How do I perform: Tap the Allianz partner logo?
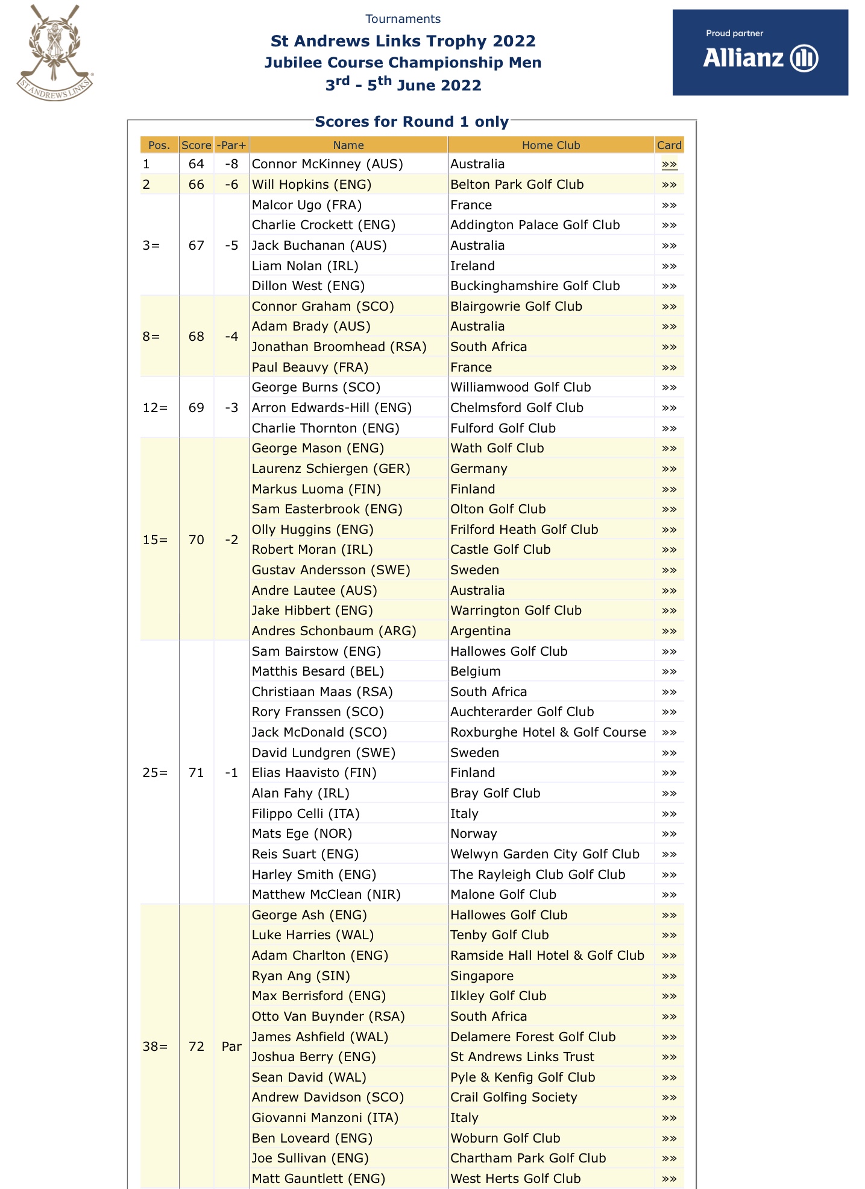pos(760,52)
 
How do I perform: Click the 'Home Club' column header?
pos(550,145)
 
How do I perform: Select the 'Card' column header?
pos(668,145)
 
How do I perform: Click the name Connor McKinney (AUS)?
pos(327,164)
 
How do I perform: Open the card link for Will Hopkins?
pos(668,185)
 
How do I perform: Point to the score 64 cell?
pos(196,164)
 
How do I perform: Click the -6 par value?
pos(231,185)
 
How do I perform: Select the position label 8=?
pos(151,337)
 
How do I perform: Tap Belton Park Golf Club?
pos(517,185)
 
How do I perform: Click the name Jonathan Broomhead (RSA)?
pos(339,347)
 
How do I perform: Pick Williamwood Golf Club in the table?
pos(520,387)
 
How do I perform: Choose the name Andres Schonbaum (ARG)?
pos(334,631)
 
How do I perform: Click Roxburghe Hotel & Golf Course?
pos(548,732)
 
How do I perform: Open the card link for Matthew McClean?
pos(668,895)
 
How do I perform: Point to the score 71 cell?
pos(196,773)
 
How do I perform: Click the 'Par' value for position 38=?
pos(231,1047)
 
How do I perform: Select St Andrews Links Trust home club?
pos(522,1057)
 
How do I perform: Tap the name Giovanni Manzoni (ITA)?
pos(325,1118)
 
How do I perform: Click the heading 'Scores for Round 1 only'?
pos(412,122)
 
